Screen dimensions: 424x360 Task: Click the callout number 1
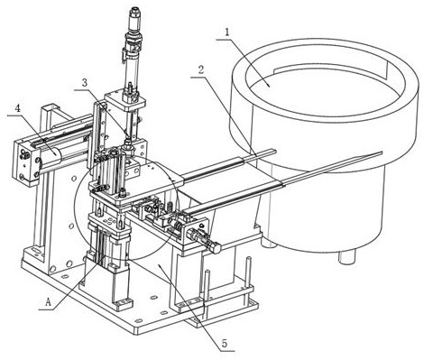[x=227, y=32]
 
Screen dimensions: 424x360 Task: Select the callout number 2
[x=201, y=70]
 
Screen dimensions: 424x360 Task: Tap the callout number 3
[x=85, y=83]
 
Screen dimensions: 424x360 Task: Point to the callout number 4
[x=18, y=109]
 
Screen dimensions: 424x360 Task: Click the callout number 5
[x=224, y=343]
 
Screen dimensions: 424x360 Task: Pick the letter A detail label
[x=49, y=302]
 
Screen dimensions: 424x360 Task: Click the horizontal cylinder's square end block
[x=25, y=162]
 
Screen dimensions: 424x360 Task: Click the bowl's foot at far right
[x=347, y=256]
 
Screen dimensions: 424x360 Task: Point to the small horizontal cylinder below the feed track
[x=204, y=240]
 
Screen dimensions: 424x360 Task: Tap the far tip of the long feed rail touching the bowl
[x=382, y=153]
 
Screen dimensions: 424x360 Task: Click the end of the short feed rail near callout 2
[x=275, y=150]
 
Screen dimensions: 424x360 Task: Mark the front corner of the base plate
[x=135, y=331]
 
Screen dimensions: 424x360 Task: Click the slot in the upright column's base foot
[x=35, y=250]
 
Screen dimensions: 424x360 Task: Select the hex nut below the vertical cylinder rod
[x=128, y=146]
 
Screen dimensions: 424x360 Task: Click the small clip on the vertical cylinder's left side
[x=123, y=56]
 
